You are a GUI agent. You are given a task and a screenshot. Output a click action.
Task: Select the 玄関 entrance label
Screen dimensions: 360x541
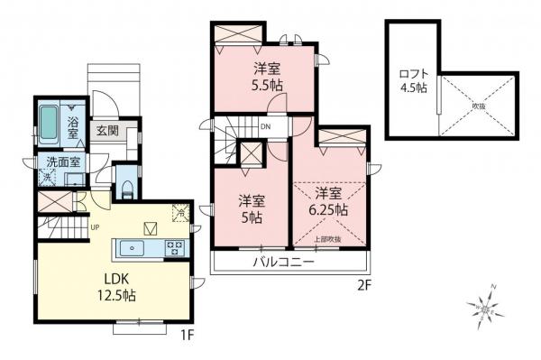(x=107, y=131)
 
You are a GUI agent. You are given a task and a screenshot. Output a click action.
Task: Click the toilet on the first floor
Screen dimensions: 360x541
(x=127, y=188)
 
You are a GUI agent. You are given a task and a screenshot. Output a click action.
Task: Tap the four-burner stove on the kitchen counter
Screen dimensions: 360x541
(x=173, y=247)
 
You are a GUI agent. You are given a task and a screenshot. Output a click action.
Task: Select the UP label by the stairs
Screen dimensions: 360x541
(x=94, y=226)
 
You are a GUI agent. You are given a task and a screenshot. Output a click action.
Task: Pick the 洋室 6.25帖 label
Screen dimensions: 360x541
(x=331, y=201)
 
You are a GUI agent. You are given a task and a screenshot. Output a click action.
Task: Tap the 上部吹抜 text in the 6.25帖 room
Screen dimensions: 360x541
(x=326, y=239)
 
